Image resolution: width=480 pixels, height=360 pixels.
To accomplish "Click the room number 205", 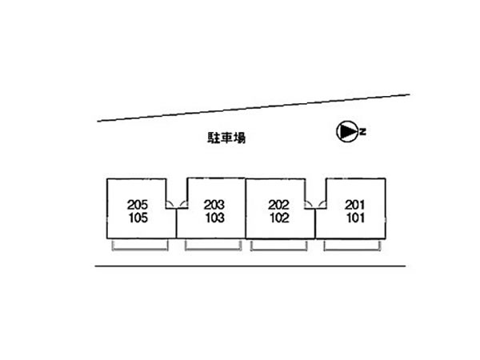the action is [138, 205].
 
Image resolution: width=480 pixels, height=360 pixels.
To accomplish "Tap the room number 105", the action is [138, 218].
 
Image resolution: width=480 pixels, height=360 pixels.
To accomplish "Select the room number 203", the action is [214, 205].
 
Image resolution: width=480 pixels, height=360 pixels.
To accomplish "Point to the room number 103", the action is [215, 218].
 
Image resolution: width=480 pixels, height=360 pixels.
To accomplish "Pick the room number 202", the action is [279, 205].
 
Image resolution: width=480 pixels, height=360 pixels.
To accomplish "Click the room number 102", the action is [279, 218].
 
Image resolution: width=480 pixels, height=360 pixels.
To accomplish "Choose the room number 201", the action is [354, 205].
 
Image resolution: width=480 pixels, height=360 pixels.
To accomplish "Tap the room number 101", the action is [355, 218].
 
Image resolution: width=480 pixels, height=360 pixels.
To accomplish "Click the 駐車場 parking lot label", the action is [226, 138].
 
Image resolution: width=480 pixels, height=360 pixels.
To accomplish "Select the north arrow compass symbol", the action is [347, 132].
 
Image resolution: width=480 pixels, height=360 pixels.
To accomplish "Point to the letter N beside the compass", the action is [363, 132].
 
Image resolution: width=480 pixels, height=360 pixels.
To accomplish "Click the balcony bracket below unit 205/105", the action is [140, 250].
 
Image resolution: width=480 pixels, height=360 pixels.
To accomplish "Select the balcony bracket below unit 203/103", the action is [214, 250].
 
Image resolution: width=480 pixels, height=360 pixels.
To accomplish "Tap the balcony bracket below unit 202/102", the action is [279, 250].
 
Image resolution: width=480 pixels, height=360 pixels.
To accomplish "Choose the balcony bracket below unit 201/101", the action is [352, 250].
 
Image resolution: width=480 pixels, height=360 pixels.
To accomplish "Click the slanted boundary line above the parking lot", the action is [254, 108].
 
